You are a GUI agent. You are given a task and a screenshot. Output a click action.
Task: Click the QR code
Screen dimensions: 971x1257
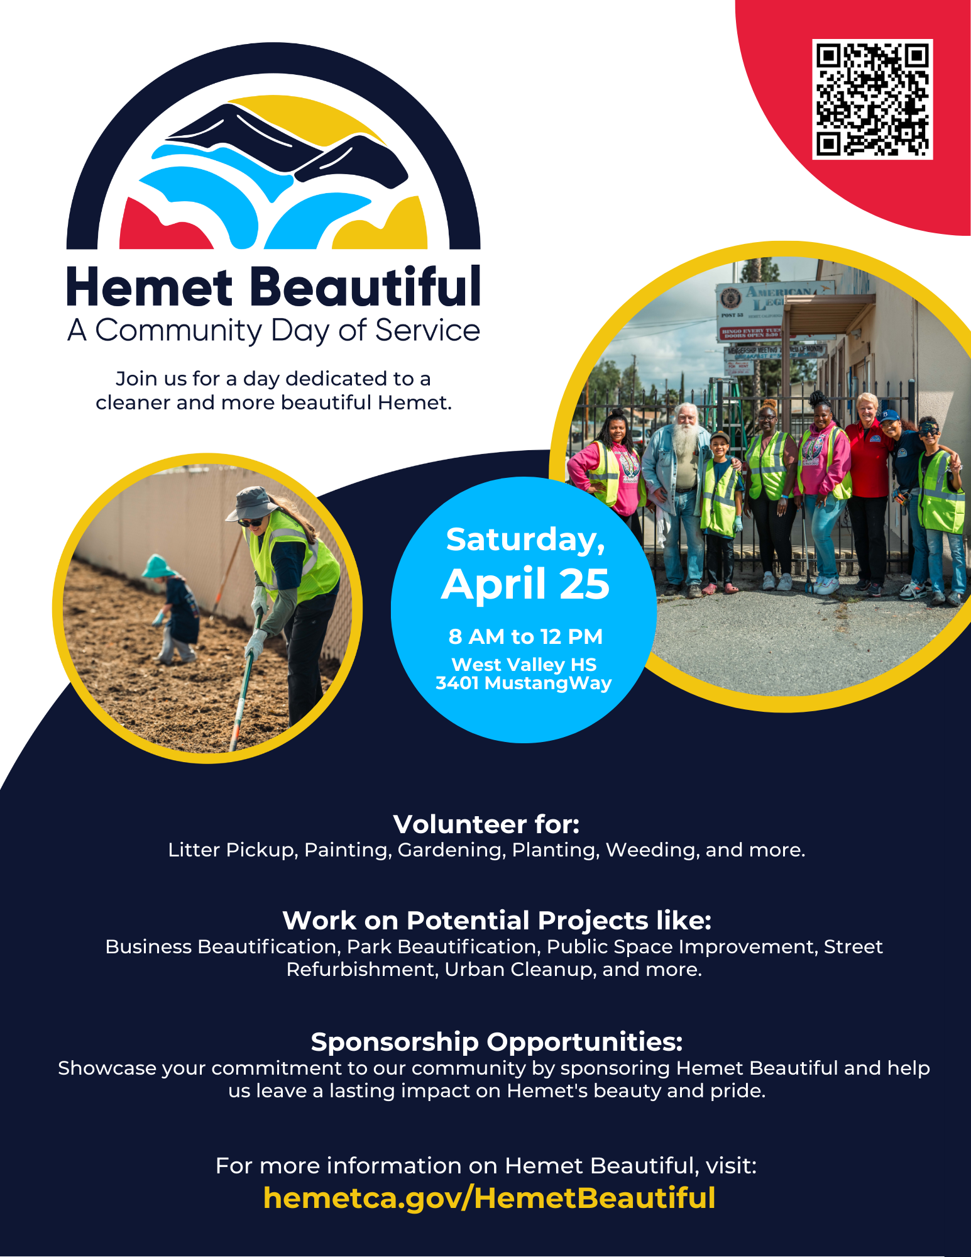click(x=872, y=99)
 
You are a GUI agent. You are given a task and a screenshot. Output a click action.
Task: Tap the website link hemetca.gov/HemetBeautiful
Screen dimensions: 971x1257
click(x=490, y=1198)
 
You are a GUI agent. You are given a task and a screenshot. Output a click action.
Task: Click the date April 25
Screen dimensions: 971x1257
click(x=525, y=584)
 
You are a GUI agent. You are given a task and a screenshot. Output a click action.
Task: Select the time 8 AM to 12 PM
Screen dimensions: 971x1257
click(x=525, y=636)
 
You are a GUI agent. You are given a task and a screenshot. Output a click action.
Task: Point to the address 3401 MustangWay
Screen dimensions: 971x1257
click(x=524, y=683)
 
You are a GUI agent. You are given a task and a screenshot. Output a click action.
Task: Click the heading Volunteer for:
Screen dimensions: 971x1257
click(x=486, y=824)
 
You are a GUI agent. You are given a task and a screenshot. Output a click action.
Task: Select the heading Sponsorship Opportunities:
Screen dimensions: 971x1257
click(x=496, y=1042)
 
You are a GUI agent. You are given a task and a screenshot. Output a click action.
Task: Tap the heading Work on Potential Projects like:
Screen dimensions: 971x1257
click(x=496, y=920)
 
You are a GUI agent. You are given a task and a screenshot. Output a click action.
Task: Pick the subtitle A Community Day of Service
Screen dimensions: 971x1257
click(x=273, y=331)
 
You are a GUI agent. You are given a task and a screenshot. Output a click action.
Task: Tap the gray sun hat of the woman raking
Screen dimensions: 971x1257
click(x=252, y=504)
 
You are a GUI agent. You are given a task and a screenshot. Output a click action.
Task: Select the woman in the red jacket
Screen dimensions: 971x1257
click(x=868, y=490)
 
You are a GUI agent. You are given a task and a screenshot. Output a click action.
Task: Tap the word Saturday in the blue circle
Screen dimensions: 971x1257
click(x=525, y=540)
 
